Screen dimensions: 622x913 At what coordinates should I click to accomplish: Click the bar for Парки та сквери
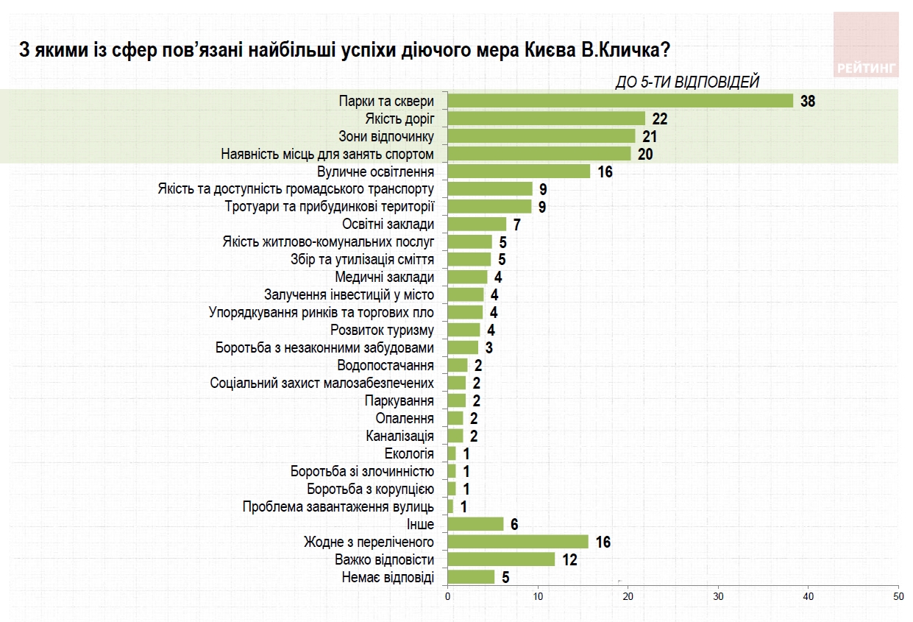620,101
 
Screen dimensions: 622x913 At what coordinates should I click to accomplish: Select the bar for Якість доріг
546,119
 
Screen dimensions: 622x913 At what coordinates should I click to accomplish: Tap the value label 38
808,102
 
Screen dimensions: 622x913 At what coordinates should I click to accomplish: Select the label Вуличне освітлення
375,172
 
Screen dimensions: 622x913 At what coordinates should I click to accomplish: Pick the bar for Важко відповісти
501,559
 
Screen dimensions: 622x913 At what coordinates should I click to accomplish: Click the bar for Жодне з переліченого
518,542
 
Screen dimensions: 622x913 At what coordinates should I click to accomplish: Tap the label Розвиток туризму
382,330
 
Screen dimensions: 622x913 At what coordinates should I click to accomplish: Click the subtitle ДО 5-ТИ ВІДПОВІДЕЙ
686,82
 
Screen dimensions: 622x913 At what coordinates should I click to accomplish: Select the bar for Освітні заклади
477,224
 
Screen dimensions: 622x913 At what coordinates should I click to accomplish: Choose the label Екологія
409,453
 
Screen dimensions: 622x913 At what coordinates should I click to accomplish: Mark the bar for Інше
475,524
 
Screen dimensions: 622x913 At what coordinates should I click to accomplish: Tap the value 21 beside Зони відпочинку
648,136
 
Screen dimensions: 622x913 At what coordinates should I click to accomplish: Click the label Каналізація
399,436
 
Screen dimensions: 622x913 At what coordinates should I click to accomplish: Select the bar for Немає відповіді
471,577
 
